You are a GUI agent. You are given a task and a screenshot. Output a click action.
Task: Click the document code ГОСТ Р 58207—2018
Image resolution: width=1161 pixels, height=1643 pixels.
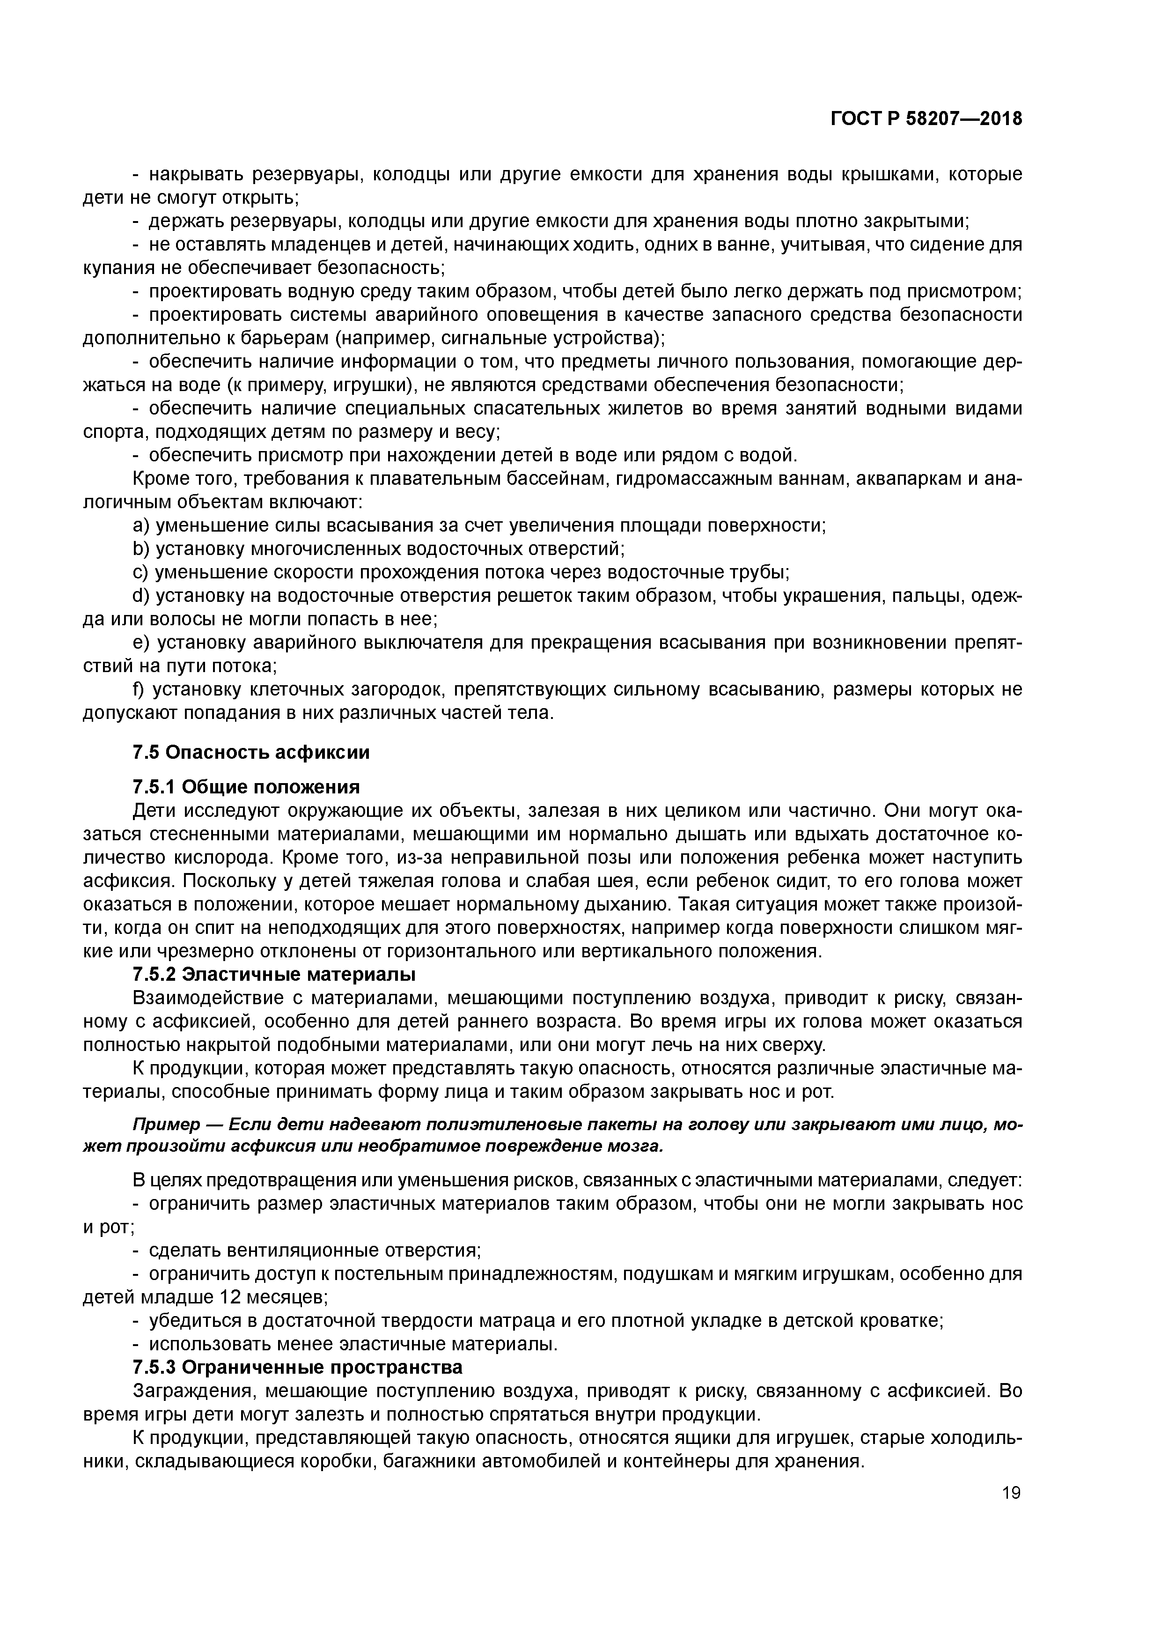click(926, 119)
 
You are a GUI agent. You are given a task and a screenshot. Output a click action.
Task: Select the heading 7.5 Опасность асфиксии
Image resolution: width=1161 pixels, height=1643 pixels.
click(252, 752)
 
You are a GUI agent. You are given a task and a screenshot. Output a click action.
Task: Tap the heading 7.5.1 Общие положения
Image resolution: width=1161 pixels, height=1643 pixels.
click(246, 787)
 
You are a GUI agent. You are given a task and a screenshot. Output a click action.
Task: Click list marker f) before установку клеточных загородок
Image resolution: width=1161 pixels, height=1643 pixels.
click(139, 690)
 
